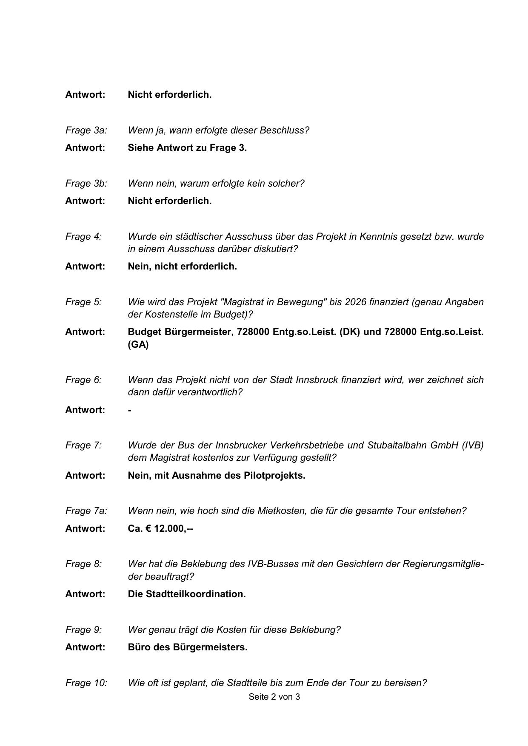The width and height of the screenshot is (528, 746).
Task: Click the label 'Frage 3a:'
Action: tap(86, 130)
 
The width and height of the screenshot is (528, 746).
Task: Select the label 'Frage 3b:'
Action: tap(86, 184)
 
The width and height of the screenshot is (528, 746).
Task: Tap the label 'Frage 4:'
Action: tap(83, 237)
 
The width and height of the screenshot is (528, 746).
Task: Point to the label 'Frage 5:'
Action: tap(83, 302)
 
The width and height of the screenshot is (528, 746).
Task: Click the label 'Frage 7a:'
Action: tap(86, 511)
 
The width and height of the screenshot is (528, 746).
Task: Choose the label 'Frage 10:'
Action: tap(86, 683)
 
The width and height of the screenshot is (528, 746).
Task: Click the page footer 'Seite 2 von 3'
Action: tap(274, 697)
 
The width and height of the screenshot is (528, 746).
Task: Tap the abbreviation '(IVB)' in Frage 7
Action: tap(472, 445)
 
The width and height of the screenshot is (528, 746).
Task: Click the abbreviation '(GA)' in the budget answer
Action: tap(138, 345)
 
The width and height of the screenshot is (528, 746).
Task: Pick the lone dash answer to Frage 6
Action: tap(130, 410)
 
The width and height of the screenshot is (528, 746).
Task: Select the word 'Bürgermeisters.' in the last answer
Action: tap(210, 647)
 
